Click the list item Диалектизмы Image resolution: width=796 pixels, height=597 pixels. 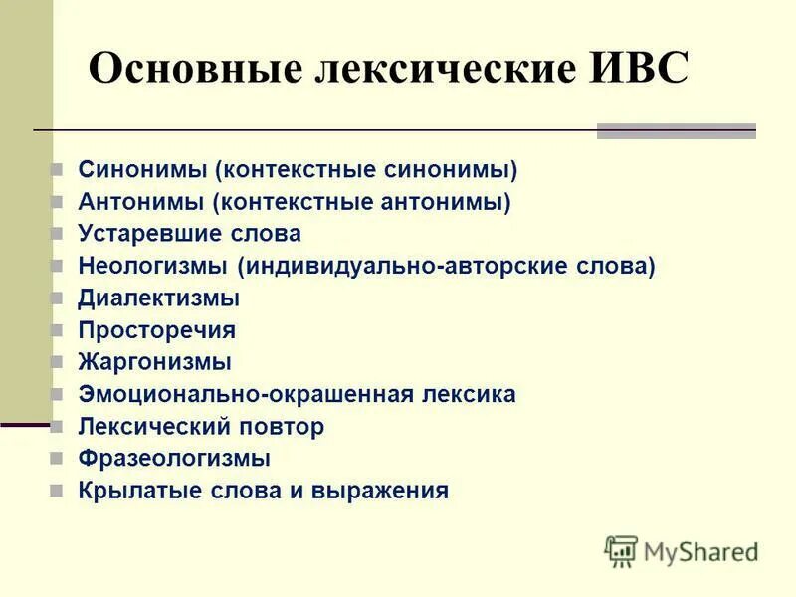coord(158,298)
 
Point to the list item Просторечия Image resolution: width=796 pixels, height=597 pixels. coord(156,330)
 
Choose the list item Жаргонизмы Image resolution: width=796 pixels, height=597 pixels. coord(154,362)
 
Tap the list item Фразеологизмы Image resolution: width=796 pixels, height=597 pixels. coord(174,459)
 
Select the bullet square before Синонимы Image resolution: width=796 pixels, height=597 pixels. coord(57,170)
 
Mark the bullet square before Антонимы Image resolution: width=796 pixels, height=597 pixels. coord(57,202)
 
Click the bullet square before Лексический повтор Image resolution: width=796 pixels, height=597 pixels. coord(57,427)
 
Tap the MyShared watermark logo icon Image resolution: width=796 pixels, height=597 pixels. coord(621,550)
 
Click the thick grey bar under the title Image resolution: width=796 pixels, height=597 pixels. coord(676,130)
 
